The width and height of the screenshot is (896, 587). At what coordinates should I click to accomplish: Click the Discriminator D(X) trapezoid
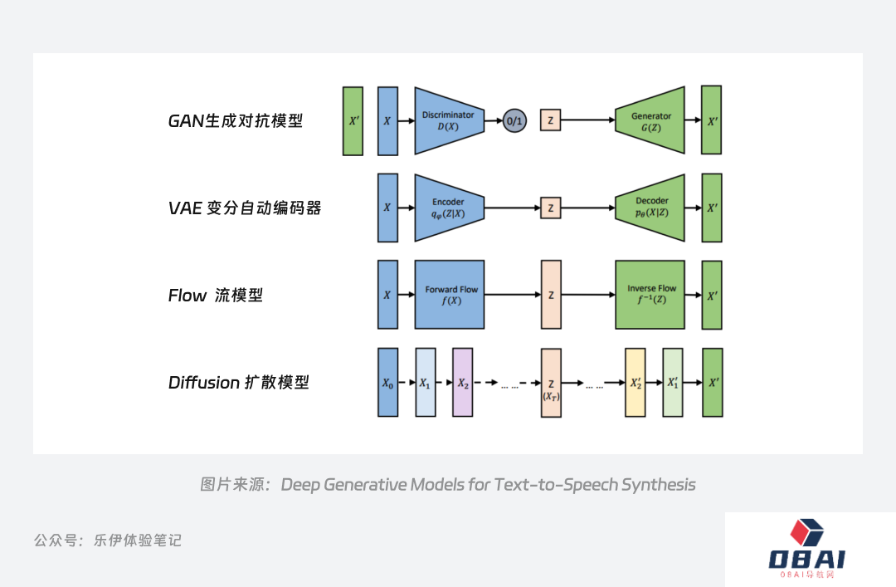tap(448, 120)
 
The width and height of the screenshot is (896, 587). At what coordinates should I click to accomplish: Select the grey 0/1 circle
tap(514, 121)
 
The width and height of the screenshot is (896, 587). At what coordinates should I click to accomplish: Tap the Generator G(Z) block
tap(650, 120)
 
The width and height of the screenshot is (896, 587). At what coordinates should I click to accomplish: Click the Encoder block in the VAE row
tap(448, 208)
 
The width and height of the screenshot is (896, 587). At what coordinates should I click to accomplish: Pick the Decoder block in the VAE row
tap(650, 208)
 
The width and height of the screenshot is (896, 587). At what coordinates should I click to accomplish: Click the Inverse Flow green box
tap(651, 295)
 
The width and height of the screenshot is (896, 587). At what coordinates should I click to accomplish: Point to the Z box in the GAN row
tap(550, 121)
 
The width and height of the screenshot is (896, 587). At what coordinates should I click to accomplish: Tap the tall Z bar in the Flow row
tap(551, 295)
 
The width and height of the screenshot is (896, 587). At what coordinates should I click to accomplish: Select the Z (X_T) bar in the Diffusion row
tap(551, 383)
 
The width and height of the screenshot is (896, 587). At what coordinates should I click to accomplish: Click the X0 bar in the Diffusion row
tap(387, 383)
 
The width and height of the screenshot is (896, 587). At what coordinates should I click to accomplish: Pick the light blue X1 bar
tap(425, 383)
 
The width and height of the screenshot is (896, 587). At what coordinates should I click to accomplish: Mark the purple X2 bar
tap(462, 383)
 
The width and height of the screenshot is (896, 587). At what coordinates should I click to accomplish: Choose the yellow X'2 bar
tap(635, 383)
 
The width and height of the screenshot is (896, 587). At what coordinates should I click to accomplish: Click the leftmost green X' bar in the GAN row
tap(353, 121)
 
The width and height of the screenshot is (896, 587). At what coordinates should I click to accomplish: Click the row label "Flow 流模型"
tap(215, 296)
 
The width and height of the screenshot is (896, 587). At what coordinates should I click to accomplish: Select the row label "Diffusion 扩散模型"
tap(238, 383)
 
